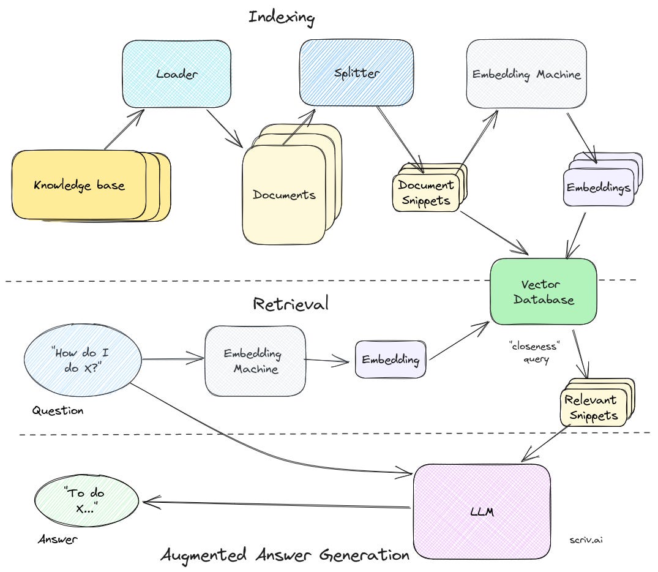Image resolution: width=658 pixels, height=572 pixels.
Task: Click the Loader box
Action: [176, 74]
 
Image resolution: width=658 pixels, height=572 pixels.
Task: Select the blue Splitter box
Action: [356, 73]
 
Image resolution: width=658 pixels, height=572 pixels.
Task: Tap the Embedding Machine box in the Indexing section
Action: [526, 74]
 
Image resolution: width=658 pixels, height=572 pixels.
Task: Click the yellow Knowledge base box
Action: [80, 185]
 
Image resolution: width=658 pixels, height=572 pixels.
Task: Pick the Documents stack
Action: [285, 195]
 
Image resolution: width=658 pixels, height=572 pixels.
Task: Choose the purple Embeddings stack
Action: [598, 187]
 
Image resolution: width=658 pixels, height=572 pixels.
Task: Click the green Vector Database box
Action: [543, 292]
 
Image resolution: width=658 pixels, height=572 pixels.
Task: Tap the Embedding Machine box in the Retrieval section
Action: [255, 361]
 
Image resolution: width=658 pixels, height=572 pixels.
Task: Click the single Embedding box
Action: [390, 359]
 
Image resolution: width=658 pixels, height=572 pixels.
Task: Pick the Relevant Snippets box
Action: [591, 408]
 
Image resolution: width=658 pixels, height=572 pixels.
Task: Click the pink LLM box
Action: [481, 510]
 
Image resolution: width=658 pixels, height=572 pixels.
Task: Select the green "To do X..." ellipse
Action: [89, 501]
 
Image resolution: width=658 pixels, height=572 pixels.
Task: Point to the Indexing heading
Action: [281, 17]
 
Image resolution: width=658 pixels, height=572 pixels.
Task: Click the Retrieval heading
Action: [290, 303]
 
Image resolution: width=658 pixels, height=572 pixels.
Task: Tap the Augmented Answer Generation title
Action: [285, 555]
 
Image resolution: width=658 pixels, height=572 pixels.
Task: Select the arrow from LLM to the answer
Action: [275, 505]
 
